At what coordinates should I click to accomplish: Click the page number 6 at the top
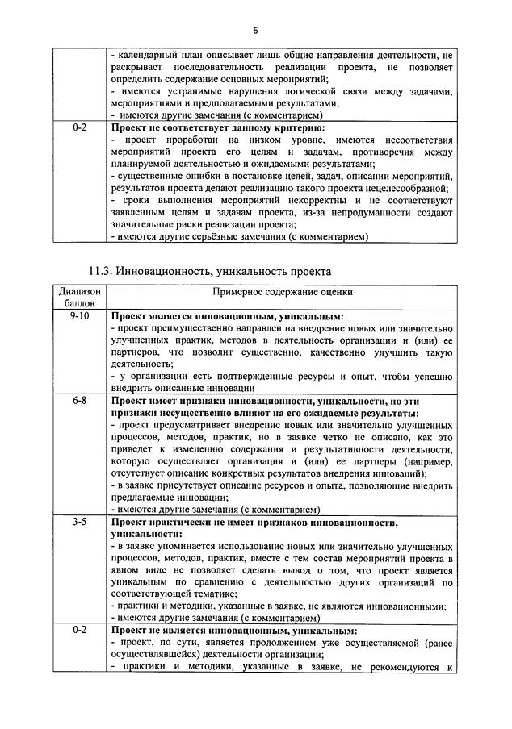coord(255,31)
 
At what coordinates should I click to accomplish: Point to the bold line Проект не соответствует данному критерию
coord(217,128)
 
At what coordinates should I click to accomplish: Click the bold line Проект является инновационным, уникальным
coord(227,317)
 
